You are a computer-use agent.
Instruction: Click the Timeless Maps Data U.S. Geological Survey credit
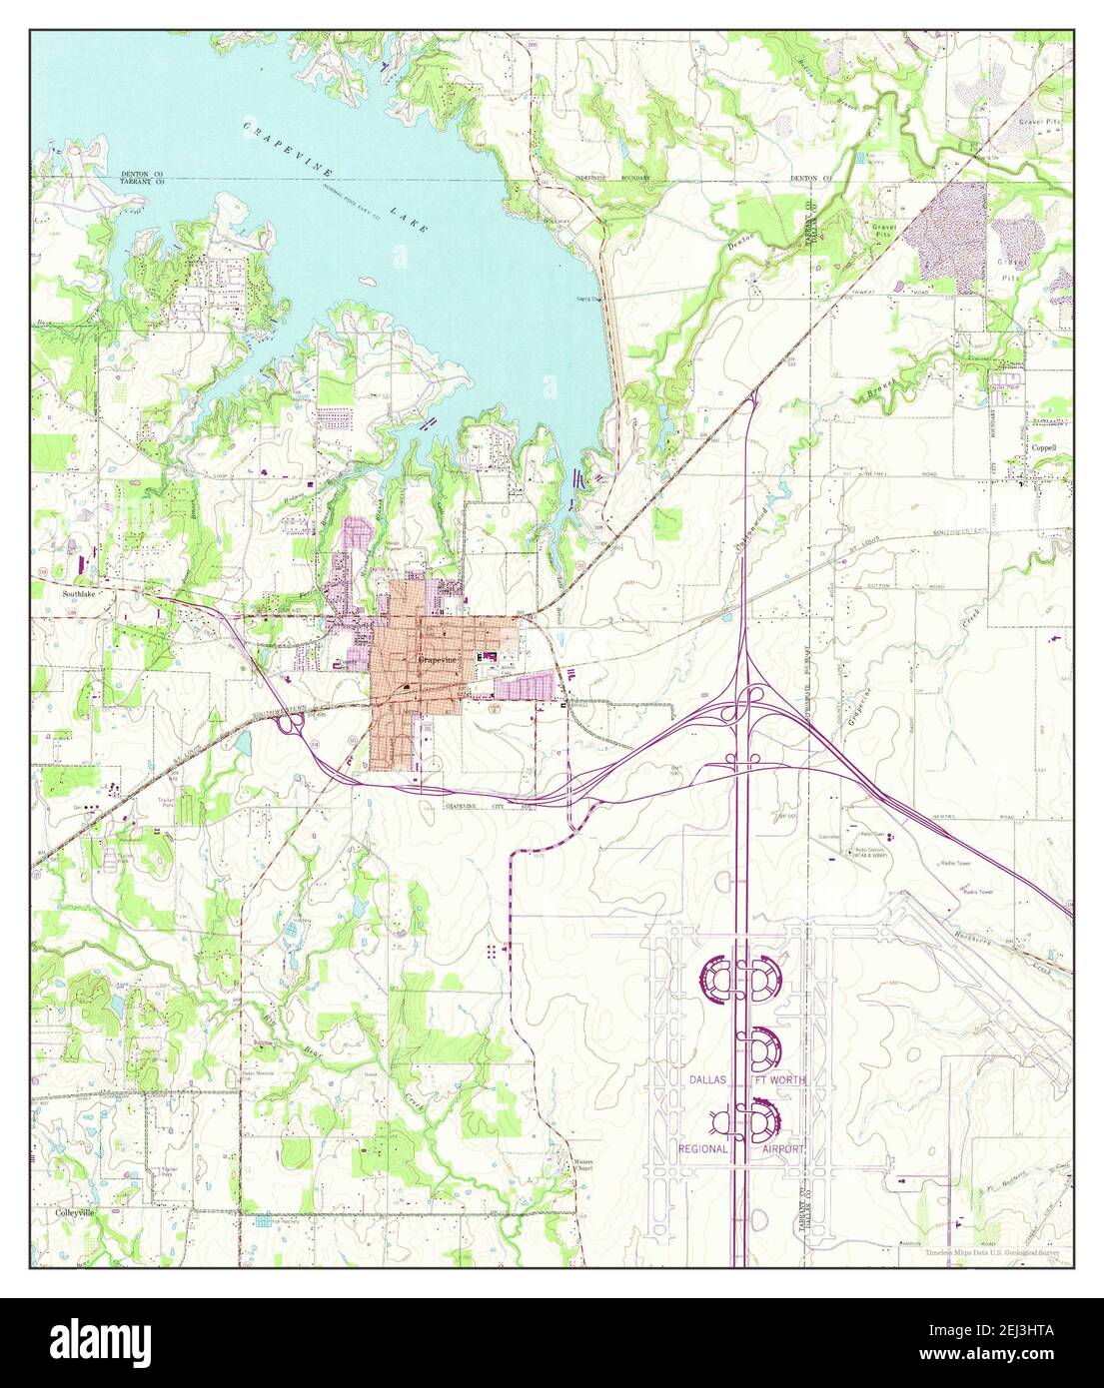(995, 1252)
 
